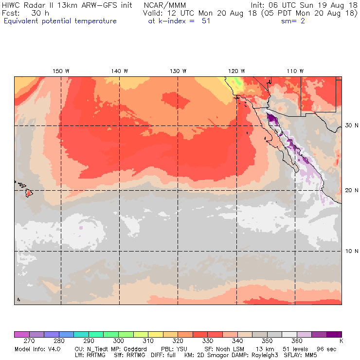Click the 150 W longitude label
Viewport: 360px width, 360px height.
[61, 71]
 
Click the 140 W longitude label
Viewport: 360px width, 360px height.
[120, 71]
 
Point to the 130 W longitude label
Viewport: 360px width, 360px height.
[178, 71]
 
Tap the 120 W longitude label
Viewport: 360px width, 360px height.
[237, 71]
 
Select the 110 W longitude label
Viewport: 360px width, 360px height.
[295, 71]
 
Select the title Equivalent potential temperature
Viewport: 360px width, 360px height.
[60, 21]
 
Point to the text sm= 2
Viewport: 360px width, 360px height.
[293, 21]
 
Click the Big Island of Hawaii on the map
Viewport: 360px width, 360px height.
[29, 193]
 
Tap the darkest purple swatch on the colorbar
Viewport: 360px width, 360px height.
[334, 334]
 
